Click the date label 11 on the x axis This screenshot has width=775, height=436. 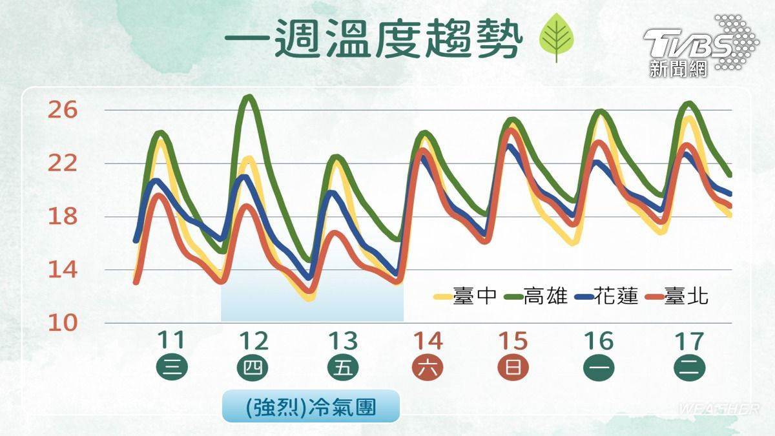coord(171,340)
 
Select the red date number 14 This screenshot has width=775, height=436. coord(428,340)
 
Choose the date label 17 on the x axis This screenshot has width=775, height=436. coord(689,340)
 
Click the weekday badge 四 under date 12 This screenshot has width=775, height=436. coord(253,368)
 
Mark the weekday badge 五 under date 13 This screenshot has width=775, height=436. coord(343,368)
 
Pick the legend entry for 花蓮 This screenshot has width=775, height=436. coord(606,296)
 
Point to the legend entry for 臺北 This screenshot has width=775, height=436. coord(677,296)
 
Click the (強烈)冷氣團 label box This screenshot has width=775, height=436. coord(311,406)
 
